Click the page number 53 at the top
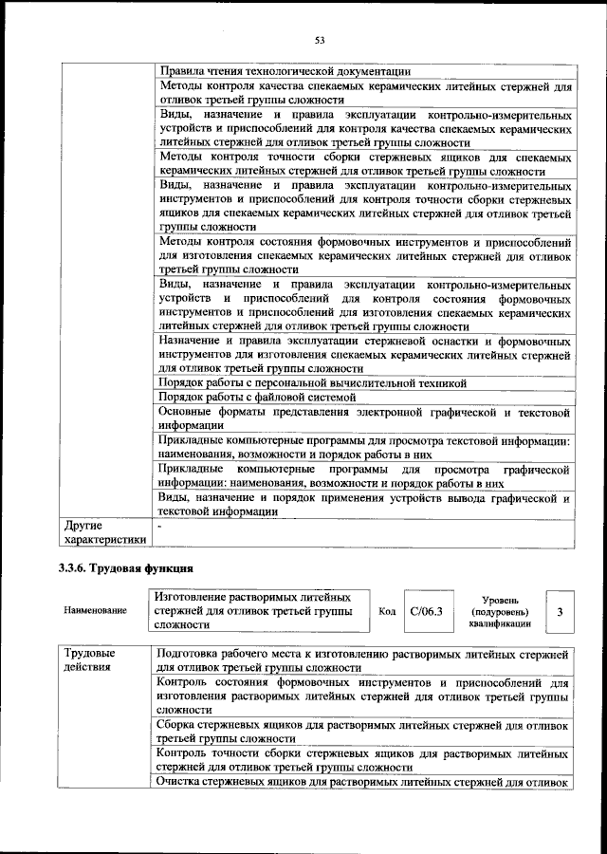click(320, 40)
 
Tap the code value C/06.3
click(426, 611)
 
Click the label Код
click(387, 611)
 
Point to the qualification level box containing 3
click(560, 612)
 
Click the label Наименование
click(95, 612)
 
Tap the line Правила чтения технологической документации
click(285, 70)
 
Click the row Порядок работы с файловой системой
click(258, 398)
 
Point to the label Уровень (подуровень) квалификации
click(499, 613)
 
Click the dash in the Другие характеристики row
click(160, 524)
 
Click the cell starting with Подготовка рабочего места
click(362, 661)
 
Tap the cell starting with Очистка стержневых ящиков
click(362, 782)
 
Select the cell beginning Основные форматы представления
click(362, 419)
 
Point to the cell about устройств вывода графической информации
click(362, 504)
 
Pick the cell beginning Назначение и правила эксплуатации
click(362, 354)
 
